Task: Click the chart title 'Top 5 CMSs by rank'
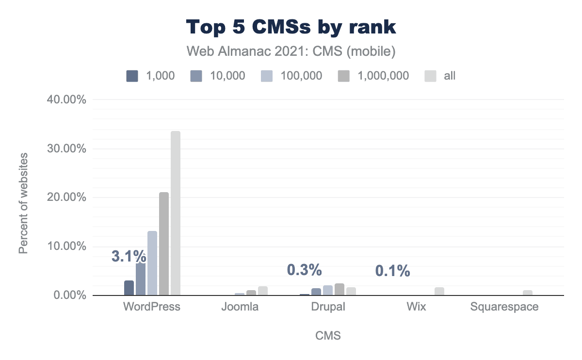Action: point(291,27)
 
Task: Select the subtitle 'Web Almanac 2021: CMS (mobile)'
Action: point(291,51)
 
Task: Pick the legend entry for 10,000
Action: point(216,76)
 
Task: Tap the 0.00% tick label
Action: point(67,295)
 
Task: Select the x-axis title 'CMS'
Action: point(328,336)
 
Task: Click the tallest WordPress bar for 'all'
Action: point(176,213)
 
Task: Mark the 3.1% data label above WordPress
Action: point(129,256)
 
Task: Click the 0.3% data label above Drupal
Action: point(304,269)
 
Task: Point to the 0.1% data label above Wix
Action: point(393,271)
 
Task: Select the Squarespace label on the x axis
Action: point(504,307)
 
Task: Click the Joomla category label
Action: point(240,307)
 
